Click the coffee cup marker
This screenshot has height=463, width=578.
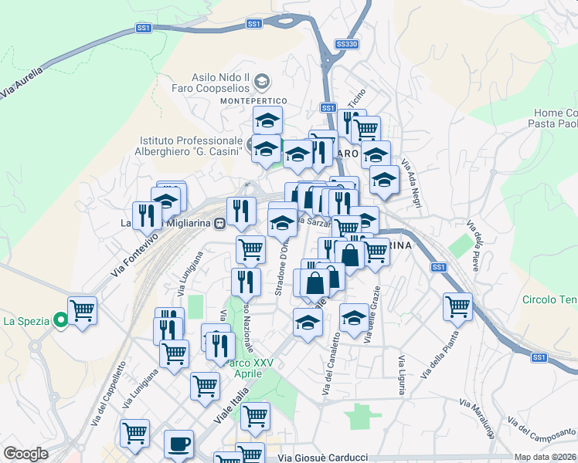pyautogui.click(x=178, y=444)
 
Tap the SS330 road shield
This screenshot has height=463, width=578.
pyautogui.click(x=347, y=45)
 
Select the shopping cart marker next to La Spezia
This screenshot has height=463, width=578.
pyautogui.click(x=83, y=310)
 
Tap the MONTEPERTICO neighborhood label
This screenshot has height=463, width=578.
pyautogui.click(x=253, y=101)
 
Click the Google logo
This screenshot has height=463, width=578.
pyautogui.click(x=25, y=454)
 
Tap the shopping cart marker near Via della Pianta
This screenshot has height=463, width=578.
pyautogui.click(x=457, y=306)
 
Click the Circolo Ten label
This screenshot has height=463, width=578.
pyautogui.click(x=549, y=299)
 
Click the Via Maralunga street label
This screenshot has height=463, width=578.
pyautogui.click(x=478, y=417)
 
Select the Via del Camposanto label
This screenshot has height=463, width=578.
pyautogui.click(x=540, y=432)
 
